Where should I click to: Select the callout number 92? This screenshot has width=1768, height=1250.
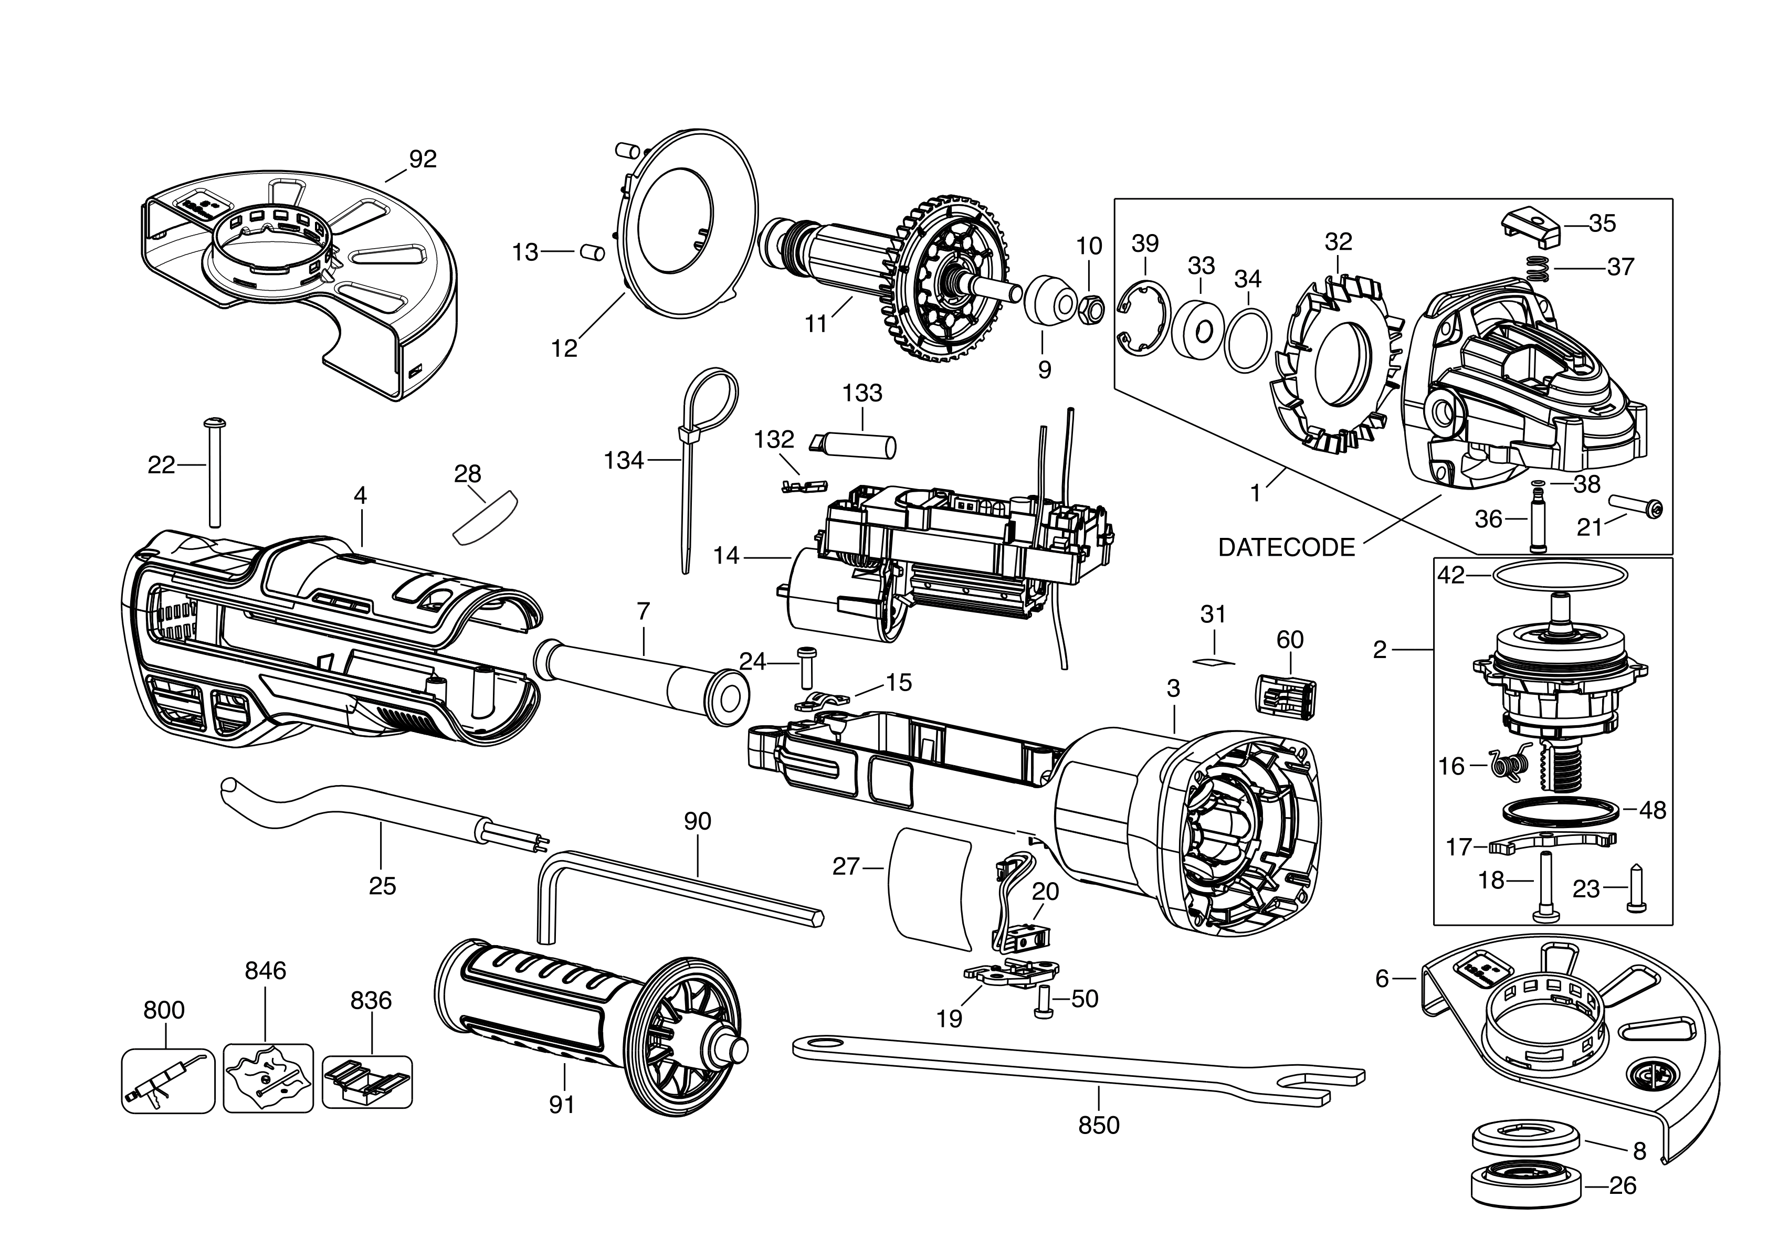coord(423,160)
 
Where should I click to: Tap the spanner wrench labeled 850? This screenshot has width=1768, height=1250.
coord(1078,1065)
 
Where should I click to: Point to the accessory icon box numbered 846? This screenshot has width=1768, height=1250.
coord(268,1077)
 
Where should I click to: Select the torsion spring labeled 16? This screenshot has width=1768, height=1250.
coord(1507,765)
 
